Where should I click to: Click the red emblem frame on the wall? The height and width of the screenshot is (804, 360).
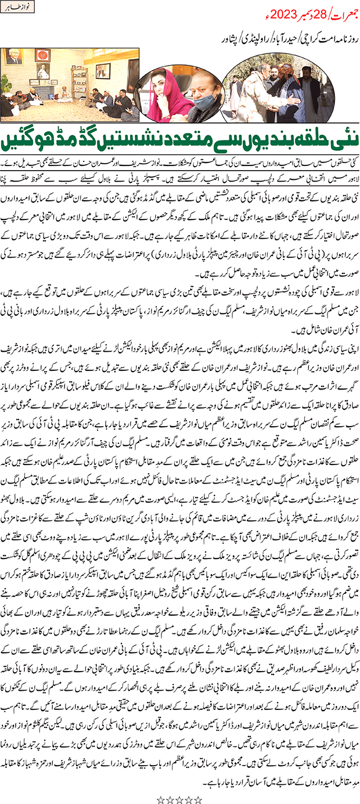coord(41,56)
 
